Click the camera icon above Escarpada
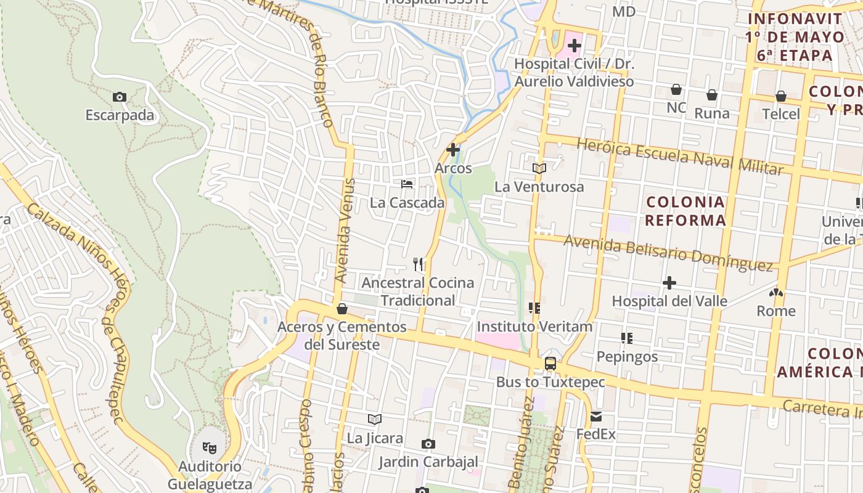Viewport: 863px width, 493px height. click(x=120, y=97)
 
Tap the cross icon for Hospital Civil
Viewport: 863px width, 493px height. click(x=575, y=46)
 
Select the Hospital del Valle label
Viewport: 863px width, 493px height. click(x=669, y=301)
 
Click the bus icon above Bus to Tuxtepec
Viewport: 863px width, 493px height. click(x=550, y=364)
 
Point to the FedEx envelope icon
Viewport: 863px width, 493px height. click(x=596, y=417)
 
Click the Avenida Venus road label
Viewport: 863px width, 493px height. click(x=346, y=231)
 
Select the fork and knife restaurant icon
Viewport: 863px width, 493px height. click(x=419, y=264)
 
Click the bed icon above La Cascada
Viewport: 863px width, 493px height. click(x=407, y=184)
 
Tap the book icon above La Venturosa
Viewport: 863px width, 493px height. click(x=539, y=168)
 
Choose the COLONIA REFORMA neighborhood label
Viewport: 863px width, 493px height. click(x=685, y=211)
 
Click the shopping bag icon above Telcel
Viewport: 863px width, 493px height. click(x=781, y=96)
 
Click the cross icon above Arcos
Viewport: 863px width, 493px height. click(x=453, y=150)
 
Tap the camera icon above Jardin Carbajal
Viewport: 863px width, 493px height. click(x=428, y=444)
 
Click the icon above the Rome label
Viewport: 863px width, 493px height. click(x=776, y=293)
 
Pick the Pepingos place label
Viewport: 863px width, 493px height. click(x=627, y=357)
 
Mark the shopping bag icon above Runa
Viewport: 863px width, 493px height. click(x=711, y=95)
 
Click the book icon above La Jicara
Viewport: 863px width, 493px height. click(x=375, y=420)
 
